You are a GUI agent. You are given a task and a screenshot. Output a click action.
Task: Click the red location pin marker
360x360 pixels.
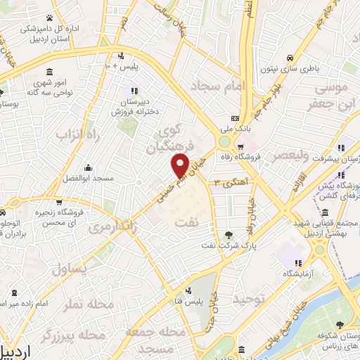tap(181, 165)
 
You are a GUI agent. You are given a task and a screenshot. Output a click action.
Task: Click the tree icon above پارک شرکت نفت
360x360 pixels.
tap(229, 236)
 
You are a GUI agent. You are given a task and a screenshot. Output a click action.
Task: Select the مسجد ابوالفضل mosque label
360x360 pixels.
tap(88, 179)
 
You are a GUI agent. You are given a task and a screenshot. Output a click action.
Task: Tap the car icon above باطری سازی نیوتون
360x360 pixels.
tap(289, 58)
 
